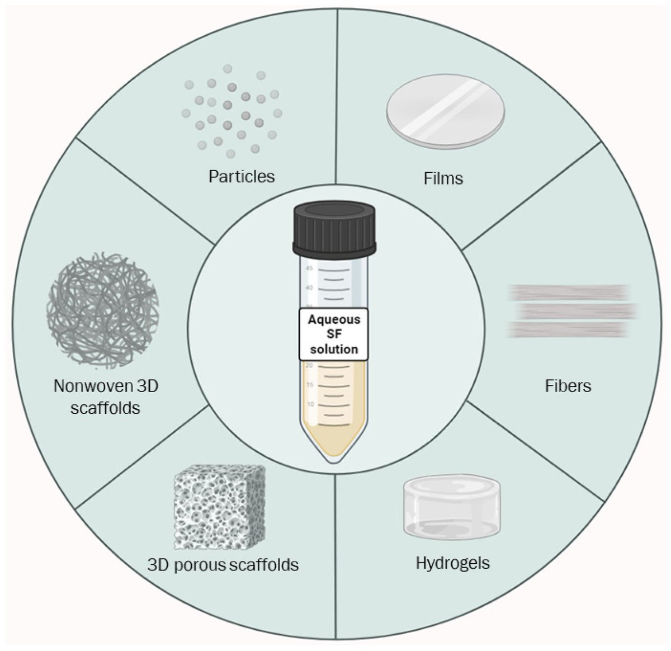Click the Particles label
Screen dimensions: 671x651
pos(242,176)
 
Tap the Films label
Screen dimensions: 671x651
pos(443,178)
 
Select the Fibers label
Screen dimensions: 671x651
pos(568,386)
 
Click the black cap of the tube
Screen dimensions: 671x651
pos(334,229)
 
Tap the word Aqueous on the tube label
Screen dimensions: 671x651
pos(334,320)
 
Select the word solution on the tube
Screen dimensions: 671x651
pos(334,350)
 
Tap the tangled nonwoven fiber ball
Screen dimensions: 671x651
pos(103,310)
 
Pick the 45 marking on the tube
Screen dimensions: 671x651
pos(309,268)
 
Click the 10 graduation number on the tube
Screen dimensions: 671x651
pos(310,404)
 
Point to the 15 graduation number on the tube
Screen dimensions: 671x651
pos(310,384)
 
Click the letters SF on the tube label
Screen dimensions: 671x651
pos(334,334)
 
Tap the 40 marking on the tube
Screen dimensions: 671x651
pos(309,287)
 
